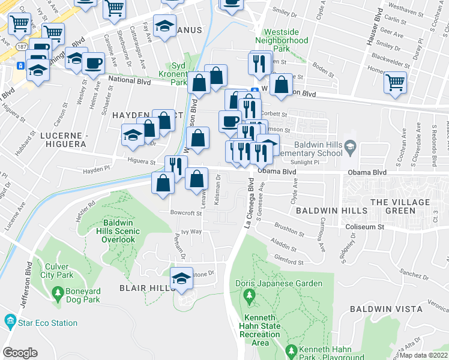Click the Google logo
click(20, 353)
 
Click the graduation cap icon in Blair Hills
click(182, 278)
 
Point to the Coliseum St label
click(366, 227)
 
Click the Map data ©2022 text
click(423, 355)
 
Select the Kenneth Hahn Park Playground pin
click(292, 350)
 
